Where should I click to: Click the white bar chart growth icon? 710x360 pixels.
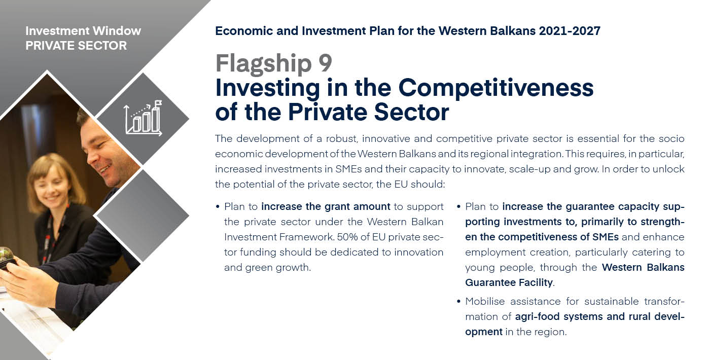pos(144,118)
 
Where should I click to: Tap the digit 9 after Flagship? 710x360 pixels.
pos(325,63)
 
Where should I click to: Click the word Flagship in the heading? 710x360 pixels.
pos(264,64)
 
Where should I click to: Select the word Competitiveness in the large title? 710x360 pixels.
pos(496,88)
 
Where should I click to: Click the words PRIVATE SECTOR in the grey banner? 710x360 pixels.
pos(76,46)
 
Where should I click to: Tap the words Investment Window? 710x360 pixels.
pos(83,31)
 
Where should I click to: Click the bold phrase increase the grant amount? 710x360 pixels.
pos(326,207)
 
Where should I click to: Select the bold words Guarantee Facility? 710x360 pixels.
pos(509,282)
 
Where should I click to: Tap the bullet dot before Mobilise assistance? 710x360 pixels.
pos(458,301)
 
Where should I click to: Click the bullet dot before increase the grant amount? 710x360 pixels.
pos(218,207)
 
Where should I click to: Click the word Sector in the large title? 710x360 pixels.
pos(411,112)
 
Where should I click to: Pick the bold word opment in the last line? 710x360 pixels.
pos(484,332)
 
